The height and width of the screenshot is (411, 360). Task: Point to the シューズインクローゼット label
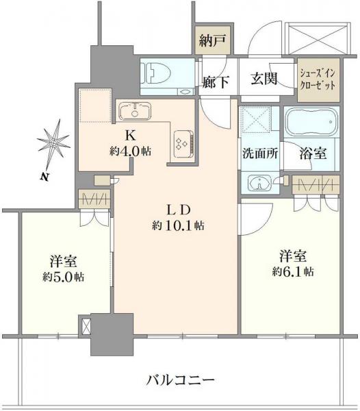(317, 82)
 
